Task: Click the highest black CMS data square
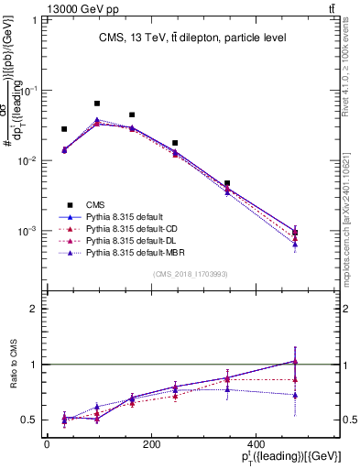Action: (x=97, y=104)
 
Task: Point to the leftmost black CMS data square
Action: (x=64, y=129)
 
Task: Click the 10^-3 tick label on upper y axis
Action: (x=26, y=231)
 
